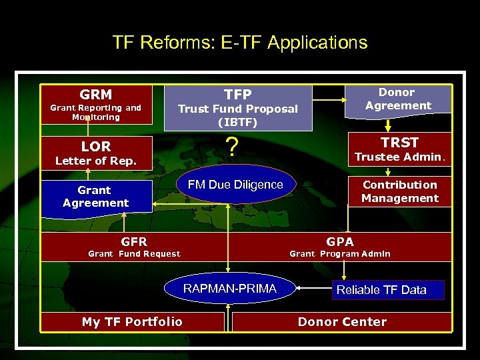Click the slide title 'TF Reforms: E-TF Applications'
(240, 43)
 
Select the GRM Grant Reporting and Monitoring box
(96, 104)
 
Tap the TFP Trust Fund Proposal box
(238, 107)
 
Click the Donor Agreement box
(397, 99)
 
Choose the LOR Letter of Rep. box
(96, 152)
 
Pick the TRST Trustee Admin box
(399, 149)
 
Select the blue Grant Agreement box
(96, 196)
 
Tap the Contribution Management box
(399, 191)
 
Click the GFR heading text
(134, 241)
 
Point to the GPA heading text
(340, 241)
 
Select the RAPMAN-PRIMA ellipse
(229, 289)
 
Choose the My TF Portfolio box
(132, 322)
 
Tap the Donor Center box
(342, 322)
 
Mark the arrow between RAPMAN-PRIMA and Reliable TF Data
(313, 289)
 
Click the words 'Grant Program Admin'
(340, 254)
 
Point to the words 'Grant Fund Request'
(134, 254)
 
